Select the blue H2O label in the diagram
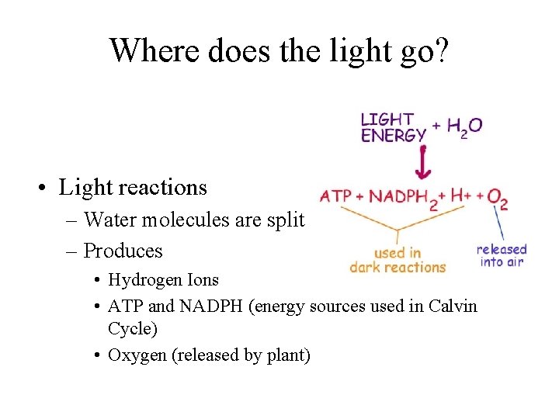point(464,126)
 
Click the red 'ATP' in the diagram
point(335,196)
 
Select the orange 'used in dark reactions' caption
point(398,260)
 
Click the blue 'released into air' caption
point(502,255)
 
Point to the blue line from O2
point(502,225)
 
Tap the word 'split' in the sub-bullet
point(286,220)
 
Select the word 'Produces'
point(123,251)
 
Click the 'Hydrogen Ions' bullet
point(164,280)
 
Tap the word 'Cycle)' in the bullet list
point(133,328)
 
